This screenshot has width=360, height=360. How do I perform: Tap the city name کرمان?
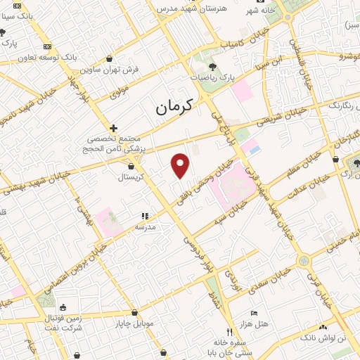[x=171, y=107]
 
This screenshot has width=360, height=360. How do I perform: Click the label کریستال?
[x=132, y=178]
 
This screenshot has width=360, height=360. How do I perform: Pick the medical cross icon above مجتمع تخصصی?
[x=114, y=128]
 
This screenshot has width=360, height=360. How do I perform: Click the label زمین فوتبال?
[x=63, y=318]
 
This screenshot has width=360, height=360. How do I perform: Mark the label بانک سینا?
[x=20, y=13]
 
